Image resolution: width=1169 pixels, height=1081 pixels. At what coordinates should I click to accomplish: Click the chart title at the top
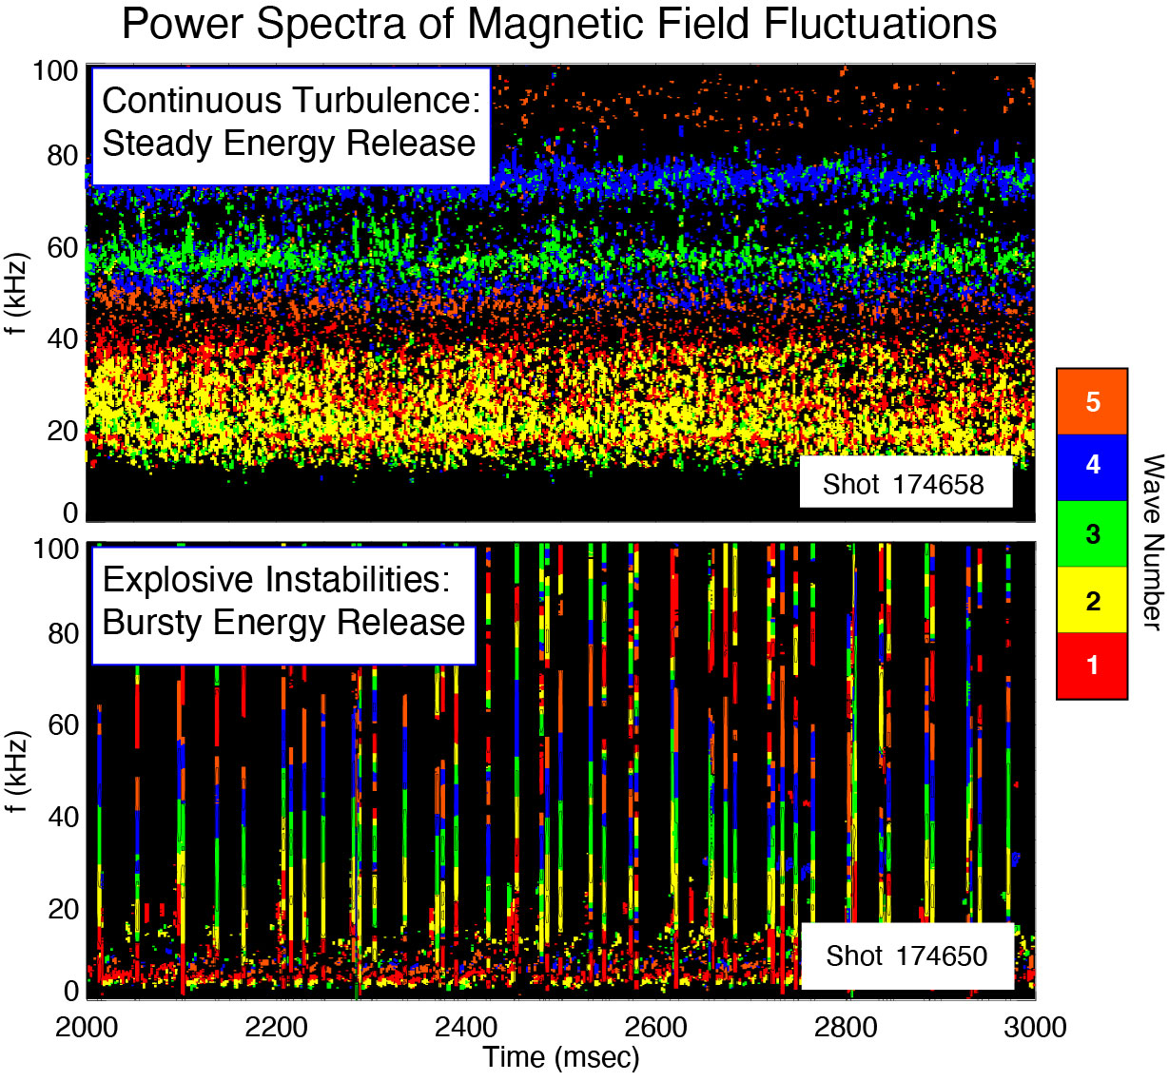tap(559, 24)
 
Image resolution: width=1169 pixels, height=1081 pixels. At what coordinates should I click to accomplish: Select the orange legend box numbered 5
tap(1092, 401)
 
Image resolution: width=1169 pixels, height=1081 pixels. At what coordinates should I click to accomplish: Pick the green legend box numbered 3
tap(1092, 533)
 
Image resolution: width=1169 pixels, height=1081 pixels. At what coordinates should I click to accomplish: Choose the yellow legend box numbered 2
tap(1092, 600)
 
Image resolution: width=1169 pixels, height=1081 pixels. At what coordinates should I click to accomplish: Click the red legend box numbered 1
tap(1092, 666)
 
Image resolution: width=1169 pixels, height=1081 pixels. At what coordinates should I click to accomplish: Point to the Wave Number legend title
tap(1152, 541)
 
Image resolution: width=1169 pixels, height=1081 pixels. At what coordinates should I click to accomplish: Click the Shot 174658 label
tap(905, 484)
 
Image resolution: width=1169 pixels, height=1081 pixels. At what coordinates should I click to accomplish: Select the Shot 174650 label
tap(906, 956)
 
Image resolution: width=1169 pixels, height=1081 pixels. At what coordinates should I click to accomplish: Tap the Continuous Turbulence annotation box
tap(290, 123)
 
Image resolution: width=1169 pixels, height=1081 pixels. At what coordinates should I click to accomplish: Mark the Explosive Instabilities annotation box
tap(283, 602)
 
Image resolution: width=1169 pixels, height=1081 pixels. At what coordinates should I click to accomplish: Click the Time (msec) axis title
tap(560, 1057)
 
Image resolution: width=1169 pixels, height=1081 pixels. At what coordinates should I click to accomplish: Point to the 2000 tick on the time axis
tap(87, 1028)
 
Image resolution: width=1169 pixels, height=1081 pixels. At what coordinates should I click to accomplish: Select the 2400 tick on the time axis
tap(466, 1028)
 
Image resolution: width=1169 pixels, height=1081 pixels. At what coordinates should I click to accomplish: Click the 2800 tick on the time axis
tap(846, 1028)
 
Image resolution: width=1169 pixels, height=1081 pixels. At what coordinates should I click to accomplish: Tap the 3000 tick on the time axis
tap(1035, 1028)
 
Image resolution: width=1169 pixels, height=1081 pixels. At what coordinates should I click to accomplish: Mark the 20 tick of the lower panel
tap(63, 909)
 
